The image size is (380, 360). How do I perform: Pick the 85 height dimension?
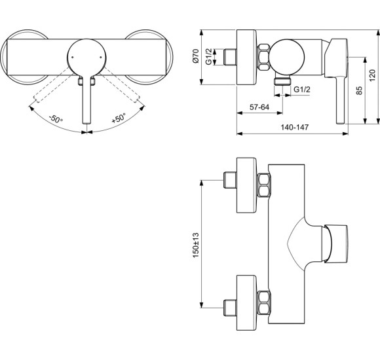click(x=359, y=92)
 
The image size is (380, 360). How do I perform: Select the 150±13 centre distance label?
click(x=195, y=242)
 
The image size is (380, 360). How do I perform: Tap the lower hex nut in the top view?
click(x=265, y=298)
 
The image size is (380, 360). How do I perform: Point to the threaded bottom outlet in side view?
click(x=282, y=82)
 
